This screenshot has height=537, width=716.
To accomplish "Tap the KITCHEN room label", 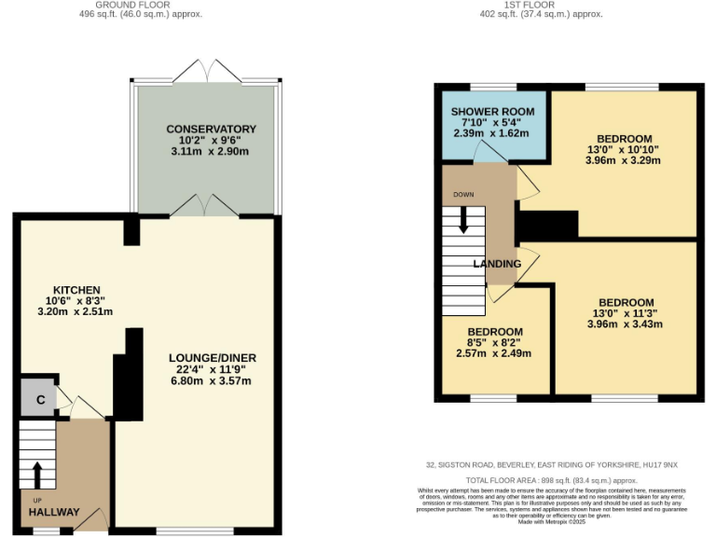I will coord(76,290).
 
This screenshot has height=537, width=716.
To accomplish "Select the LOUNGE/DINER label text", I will coord(213,358).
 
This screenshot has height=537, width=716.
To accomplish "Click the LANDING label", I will coord(497,264).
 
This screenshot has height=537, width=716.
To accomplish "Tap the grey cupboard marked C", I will coord(40,400).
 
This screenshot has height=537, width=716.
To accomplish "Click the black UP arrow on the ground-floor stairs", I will coord(37,474).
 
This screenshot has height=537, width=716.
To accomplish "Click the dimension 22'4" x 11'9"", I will coord(213,369).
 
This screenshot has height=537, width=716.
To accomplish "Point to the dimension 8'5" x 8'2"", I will coord(493,343).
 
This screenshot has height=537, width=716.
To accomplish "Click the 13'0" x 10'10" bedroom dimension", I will coord(624,149).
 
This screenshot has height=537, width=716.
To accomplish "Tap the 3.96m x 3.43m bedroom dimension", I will coord(625,324).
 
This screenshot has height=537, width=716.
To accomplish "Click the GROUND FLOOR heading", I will coord(154,5).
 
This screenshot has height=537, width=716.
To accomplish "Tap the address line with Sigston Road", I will coord(553,464).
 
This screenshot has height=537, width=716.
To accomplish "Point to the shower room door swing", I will coord(487,153).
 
